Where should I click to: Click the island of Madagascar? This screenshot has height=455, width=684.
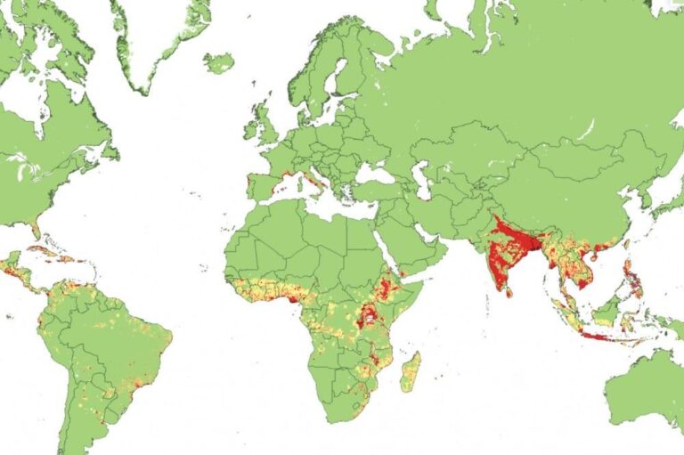point(411,370)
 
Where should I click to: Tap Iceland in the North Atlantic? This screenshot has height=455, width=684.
point(218,63)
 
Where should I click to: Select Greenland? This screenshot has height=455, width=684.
point(160,36)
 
